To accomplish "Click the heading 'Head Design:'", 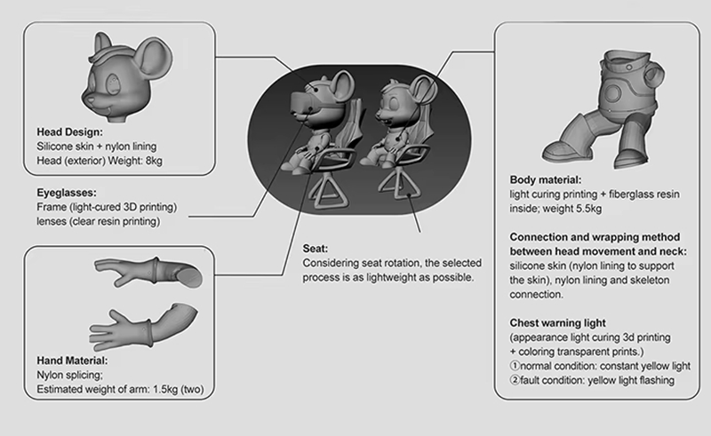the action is point(70,132).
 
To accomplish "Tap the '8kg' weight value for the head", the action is point(154,161).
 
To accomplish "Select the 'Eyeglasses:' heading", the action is point(67,193).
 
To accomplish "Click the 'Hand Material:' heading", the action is point(73,361).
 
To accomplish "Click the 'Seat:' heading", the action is point(316,249).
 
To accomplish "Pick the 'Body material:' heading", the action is point(546,180).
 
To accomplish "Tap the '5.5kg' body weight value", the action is point(588,209).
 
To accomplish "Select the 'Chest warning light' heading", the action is point(558,322).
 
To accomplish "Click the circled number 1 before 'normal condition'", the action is point(515,365).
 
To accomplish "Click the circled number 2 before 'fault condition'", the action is point(515,380).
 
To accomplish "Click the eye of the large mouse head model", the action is point(113,83).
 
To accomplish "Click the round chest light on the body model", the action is point(612,93).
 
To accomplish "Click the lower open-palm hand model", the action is point(143,326).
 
